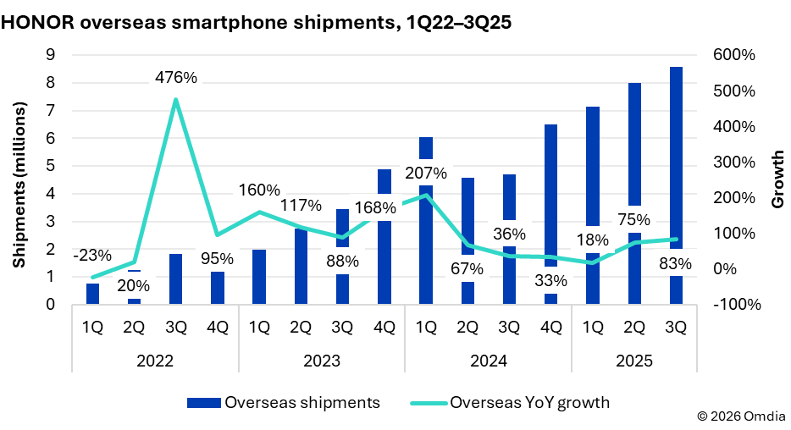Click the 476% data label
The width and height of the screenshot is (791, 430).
[x=175, y=78]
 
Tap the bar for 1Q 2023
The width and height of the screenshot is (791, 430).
[x=258, y=277]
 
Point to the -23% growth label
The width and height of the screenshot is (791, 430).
[x=91, y=255]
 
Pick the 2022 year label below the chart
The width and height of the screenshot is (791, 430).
[x=154, y=361]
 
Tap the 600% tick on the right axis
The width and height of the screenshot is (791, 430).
[x=735, y=55]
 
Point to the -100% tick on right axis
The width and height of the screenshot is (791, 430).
[x=733, y=305]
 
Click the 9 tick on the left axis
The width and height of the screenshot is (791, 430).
[x=50, y=55]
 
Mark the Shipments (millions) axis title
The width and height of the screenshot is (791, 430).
[x=19, y=179]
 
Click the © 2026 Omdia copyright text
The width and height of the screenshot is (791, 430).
[x=740, y=416]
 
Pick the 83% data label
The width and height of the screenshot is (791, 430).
[x=674, y=264]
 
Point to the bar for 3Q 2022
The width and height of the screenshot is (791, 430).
[x=175, y=279]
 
